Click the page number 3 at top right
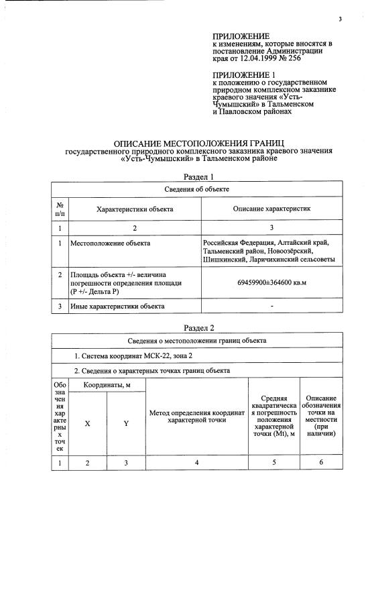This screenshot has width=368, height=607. click(x=340, y=19)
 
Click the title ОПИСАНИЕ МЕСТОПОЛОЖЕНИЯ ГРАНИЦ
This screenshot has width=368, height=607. click(x=199, y=144)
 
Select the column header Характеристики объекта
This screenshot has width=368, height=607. click(x=135, y=209)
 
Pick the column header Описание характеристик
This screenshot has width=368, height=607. click(x=271, y=209)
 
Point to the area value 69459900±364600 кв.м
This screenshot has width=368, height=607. click(x=271, y=284)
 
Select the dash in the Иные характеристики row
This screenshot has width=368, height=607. click(x=271, y=307)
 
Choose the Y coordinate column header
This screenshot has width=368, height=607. click(x=126, y=423)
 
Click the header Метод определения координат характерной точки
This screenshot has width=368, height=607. click(x=197, y=417)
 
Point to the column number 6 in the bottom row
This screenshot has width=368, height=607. click(x=320, y=462)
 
